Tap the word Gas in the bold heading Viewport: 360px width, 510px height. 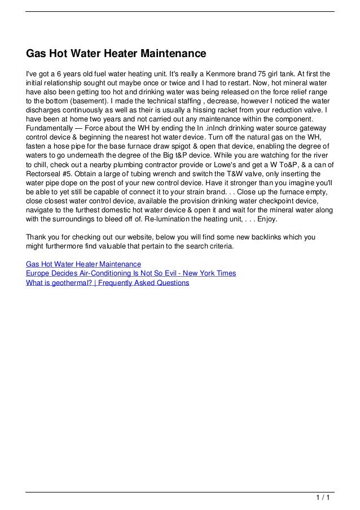[x=37, y=54]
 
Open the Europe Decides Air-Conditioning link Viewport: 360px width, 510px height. [x=131, y=273]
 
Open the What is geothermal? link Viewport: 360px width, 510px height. [x=108, y=282]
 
